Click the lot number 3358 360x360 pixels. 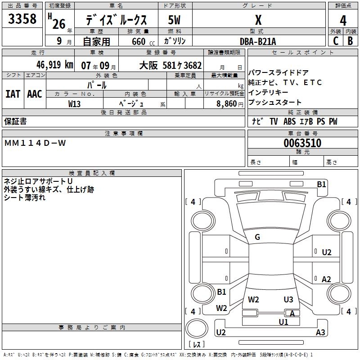click(22, 19)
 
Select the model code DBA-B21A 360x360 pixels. click(258, 41)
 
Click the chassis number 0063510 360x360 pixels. click(302, 143)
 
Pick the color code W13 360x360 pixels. click(75, 103)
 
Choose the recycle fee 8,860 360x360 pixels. click(224, 103)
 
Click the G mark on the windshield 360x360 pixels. click(257, 237)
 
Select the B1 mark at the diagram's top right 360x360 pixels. click(321, 184)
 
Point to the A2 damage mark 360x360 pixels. click(326, 279)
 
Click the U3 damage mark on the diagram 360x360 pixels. click(288, 299)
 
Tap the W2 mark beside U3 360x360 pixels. click(254, 299)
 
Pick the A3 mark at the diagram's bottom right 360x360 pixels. click(320, 333)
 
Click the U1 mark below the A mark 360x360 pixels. click(283, 322)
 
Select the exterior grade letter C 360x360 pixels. click(336, 40)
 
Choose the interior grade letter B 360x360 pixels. click(350, 40)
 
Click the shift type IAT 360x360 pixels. click(13, 94)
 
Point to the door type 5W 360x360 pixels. click(174, 20)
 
